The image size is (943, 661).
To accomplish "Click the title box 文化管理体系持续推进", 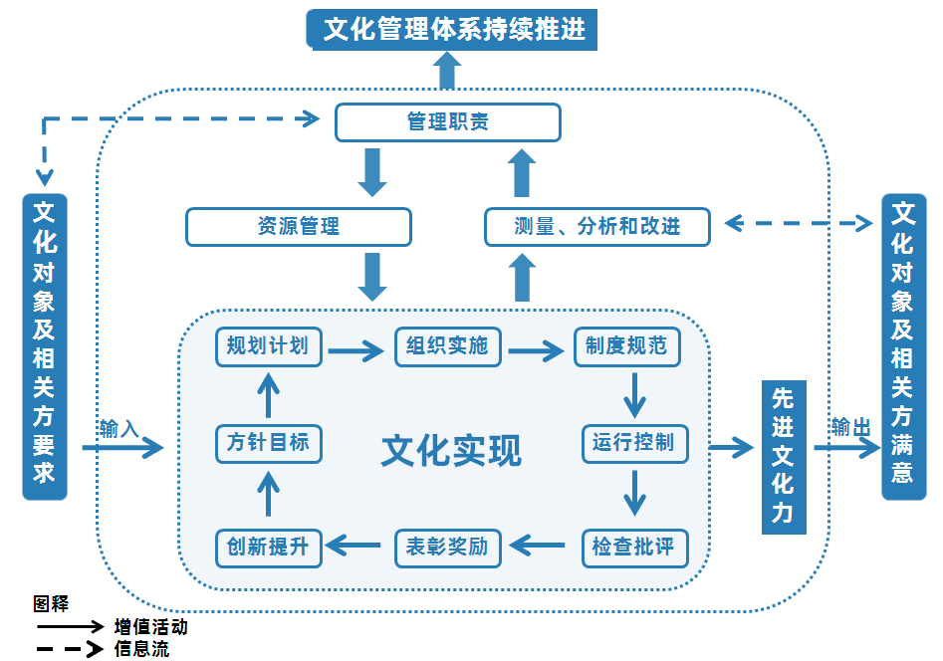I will tap(453, 28).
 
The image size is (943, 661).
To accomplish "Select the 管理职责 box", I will tap(447, 122).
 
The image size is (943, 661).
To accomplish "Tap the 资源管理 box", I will tap(298, 227).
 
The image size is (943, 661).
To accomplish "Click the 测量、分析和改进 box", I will tap(596, 227).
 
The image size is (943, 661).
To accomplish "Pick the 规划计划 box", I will tap(268, 346).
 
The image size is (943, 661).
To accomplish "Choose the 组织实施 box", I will tap(447, 346).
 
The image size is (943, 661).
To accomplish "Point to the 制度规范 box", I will tap(626, 346).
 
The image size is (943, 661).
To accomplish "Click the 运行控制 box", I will tap(633, 442).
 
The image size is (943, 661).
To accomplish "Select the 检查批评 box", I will tap(633, 547).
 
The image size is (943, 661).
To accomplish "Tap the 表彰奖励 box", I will tap(447, 547).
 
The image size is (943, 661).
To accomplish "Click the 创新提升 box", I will tap(268, 547).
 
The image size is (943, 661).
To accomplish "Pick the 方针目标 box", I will tap(268, 442).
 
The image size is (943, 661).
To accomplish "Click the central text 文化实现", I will tap(450, 451).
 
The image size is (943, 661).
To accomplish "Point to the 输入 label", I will tap(118, 429).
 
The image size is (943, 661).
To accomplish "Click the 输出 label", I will tap(850, 427).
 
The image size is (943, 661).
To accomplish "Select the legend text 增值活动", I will tap(150, 627).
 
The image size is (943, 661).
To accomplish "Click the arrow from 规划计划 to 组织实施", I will tap(355, 349).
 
